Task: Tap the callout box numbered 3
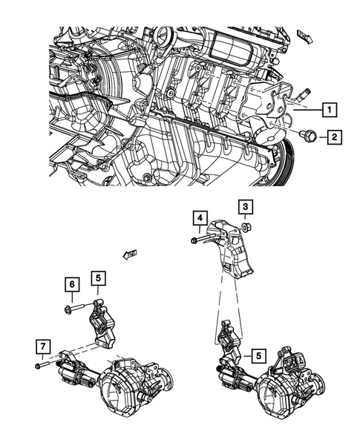245,206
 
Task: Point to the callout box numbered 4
200,217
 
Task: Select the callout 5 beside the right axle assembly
258,355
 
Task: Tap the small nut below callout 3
246,226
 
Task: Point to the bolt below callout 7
42,365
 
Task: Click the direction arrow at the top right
304,34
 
